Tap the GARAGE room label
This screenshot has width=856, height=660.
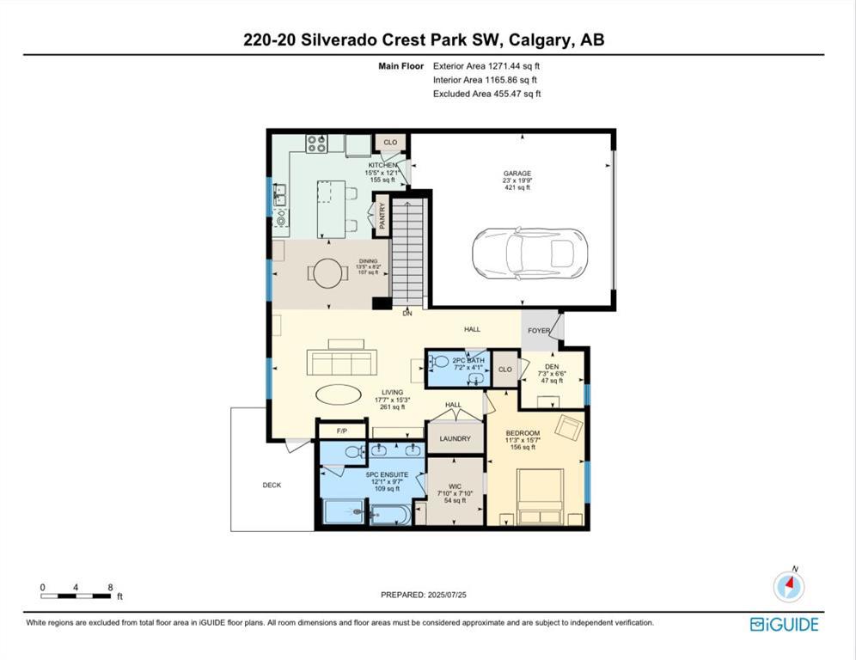(x=517, y=174)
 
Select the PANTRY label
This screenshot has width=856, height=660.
(x=383, y=215)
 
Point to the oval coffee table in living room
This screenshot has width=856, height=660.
(x=339, y=394)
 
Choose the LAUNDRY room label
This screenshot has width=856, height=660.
(x=455, y=438)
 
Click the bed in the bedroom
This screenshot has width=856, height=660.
(x=540, y=497)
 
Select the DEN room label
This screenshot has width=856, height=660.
(x=553, y=365)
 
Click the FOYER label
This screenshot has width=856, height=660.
(x=539, y=330)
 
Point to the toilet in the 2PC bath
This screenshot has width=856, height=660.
(x=441, y=362)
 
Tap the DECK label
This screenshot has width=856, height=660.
(x=272, y=485)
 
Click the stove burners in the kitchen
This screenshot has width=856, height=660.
(x=316, y=143)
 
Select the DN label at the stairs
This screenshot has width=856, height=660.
(x=407, y=314)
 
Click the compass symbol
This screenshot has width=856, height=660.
(x=788, y=586)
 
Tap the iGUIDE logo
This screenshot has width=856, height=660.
(x=784, y=625)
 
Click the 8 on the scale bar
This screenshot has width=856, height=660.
(x=110, y=588)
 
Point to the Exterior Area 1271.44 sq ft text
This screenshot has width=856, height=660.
(x=486, y=65)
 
